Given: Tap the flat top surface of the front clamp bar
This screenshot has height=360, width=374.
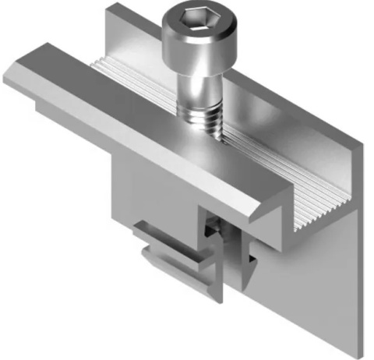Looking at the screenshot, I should [x=132, y=117].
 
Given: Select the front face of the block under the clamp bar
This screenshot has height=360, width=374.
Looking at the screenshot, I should [x=156, y=195].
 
